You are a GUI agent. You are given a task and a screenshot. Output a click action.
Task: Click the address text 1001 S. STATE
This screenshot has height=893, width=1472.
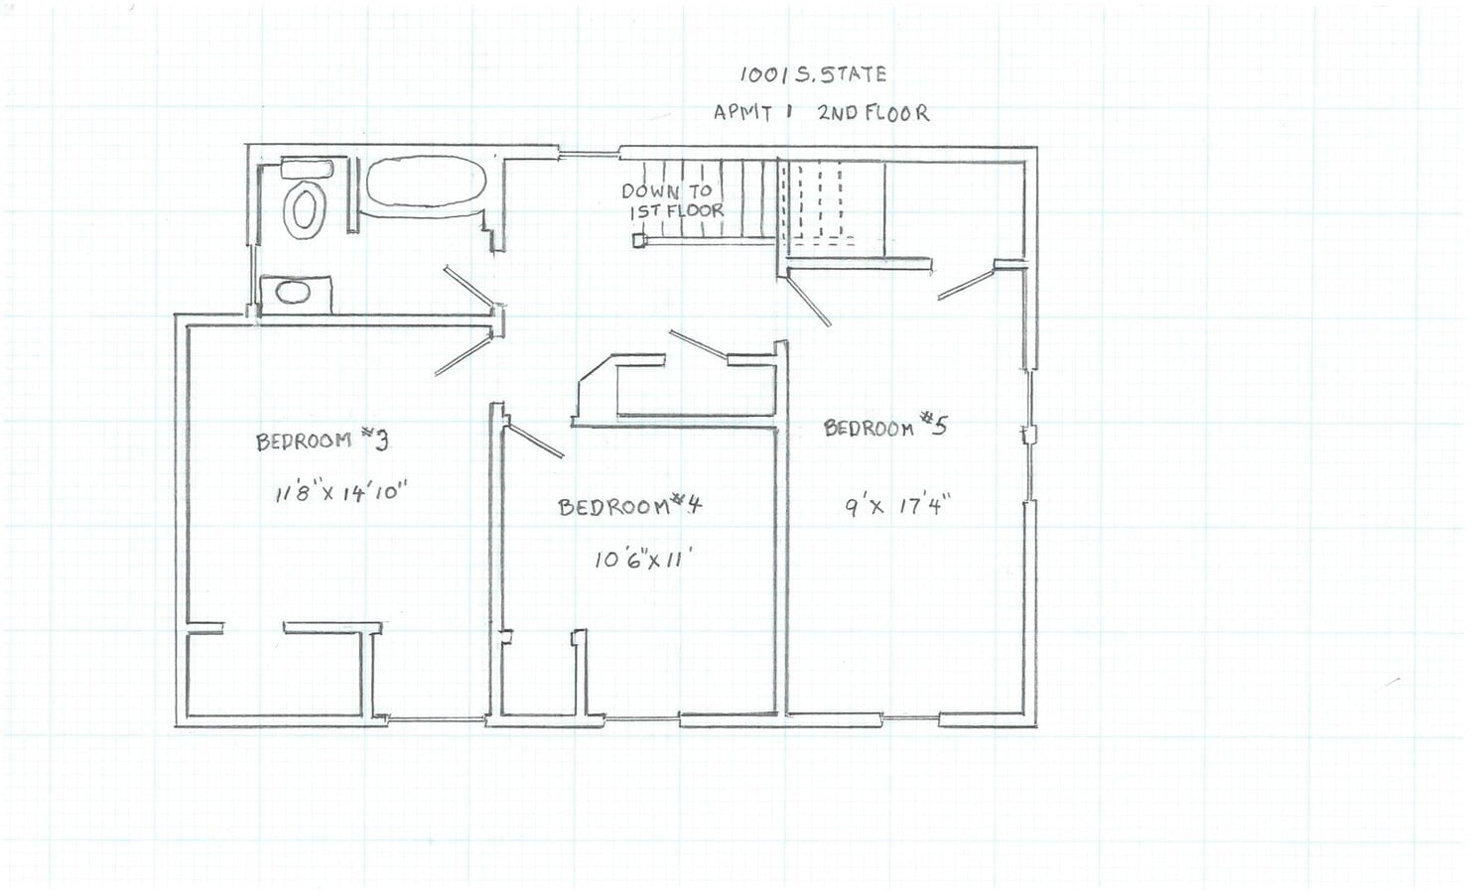[813, 73]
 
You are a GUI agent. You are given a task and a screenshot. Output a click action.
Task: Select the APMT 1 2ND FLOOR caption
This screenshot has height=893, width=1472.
[821, 112]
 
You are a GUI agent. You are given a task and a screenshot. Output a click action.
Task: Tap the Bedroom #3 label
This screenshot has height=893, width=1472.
[320, 440]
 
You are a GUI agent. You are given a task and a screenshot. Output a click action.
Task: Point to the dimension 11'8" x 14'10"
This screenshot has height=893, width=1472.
[341, 491]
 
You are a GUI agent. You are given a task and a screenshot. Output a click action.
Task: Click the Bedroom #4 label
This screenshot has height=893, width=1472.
[629, 506]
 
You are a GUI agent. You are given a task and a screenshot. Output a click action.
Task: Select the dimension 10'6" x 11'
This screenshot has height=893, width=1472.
[641, 560]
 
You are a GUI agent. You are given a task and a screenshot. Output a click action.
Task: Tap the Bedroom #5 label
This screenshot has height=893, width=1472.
[885, 427]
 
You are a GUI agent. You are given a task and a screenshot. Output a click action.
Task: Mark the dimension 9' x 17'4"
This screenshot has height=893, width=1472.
[897, 506]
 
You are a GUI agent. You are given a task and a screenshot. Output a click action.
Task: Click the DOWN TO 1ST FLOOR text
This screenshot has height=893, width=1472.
[670, 200]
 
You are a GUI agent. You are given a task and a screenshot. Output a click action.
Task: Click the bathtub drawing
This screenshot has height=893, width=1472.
[426, 185]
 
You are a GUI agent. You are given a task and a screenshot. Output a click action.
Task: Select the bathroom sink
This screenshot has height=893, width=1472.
[292, 292]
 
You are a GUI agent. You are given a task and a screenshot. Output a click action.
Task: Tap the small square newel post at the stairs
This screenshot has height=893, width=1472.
[638, 239]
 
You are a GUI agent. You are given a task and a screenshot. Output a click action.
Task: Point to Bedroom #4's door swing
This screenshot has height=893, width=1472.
[534, 441]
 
